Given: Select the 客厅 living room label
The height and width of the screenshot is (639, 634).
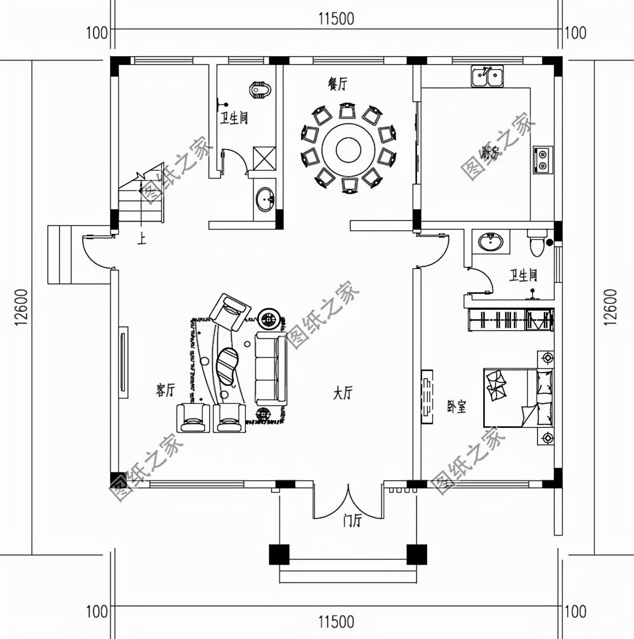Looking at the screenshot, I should click(165, 390).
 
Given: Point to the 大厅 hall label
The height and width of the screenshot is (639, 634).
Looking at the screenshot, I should click(342, 393).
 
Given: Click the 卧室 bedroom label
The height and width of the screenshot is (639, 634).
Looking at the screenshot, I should click(456, 406).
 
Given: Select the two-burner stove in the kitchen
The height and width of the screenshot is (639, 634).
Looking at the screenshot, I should click(542, 160).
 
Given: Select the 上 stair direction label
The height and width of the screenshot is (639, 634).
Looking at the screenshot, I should click(141, 240).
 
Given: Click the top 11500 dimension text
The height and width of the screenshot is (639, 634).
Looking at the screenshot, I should click(336, 19).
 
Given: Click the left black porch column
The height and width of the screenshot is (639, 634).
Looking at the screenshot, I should click(279, 554).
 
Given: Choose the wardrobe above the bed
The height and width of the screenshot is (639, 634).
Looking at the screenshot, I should click(511, 319).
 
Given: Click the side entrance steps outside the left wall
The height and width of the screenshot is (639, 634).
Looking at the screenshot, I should click(59, 254).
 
